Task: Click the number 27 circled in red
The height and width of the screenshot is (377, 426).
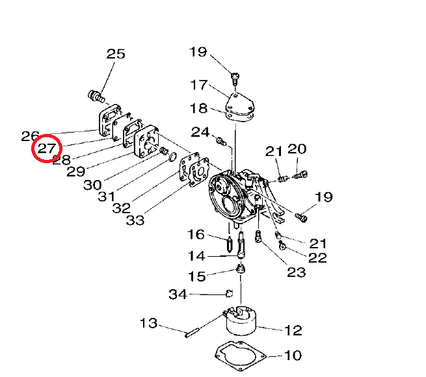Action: tap(47, 149)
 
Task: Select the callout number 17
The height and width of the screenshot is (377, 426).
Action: tap(198, 85)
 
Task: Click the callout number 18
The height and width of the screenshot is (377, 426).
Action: tap(198, 109)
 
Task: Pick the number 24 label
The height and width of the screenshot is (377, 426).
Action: tap(200, 132)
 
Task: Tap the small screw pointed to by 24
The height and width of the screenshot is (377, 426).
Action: tap(220, 139)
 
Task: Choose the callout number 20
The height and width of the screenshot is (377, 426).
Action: tap(297, 149)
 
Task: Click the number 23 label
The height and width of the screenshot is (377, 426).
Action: tap(296, 272)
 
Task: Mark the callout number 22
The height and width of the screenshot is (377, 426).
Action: tap(317, 258)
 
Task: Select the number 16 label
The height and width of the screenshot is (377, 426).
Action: tap(196, 234)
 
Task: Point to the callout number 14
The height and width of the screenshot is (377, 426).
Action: tap(196, 255)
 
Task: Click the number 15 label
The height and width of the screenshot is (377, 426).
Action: tap(196, 276)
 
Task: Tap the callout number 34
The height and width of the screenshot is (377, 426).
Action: tap(178, 294)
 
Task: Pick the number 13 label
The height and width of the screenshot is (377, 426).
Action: tap(149, 323)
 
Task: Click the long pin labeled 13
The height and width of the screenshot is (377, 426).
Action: tap(193, 334)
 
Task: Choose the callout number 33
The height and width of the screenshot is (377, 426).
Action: tap(135, 220)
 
